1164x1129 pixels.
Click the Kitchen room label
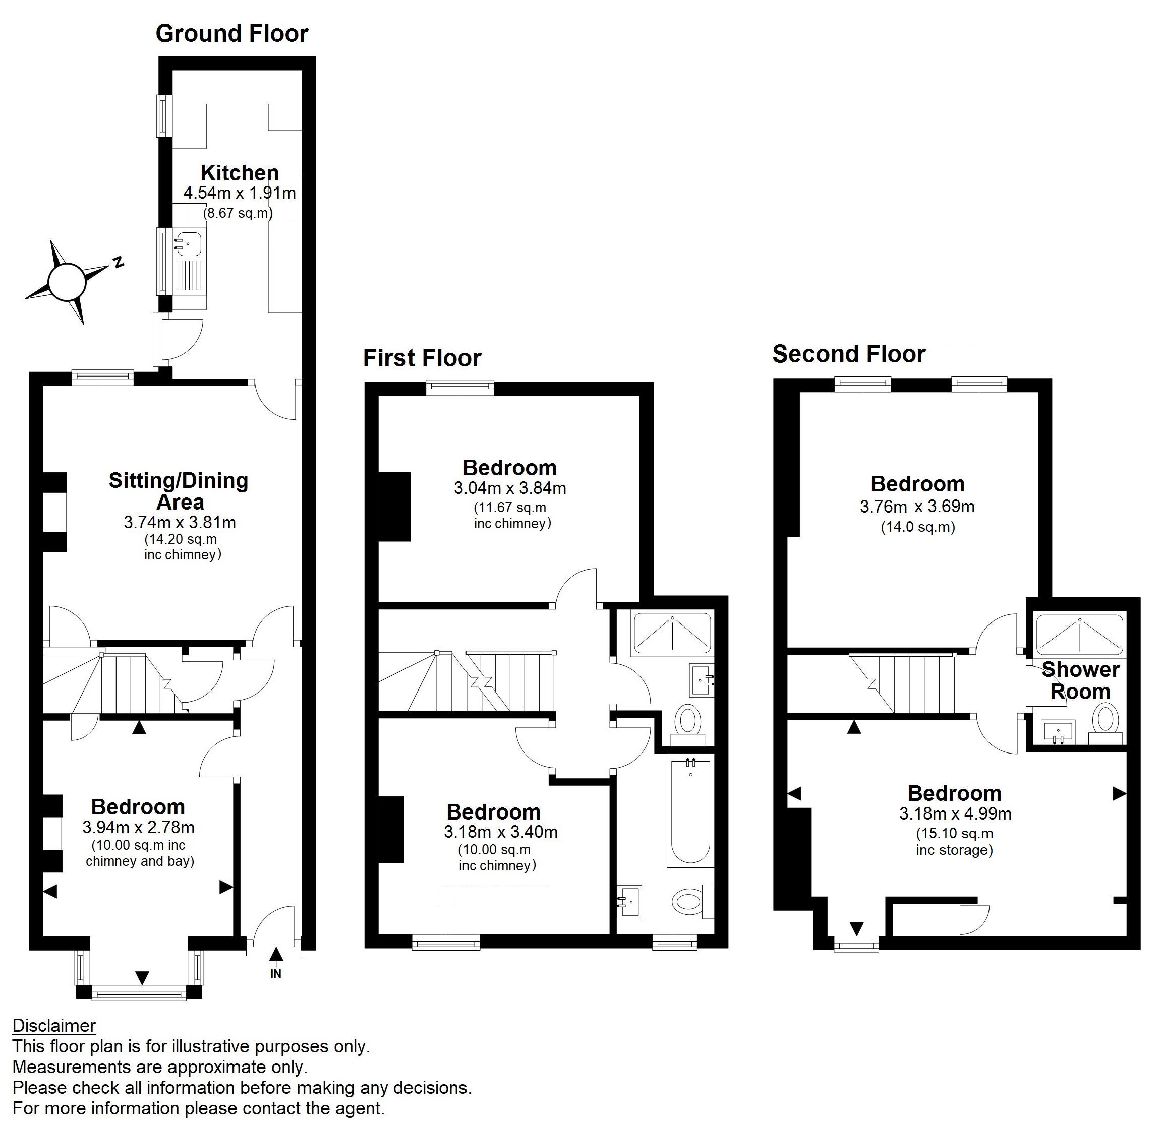[240, 173]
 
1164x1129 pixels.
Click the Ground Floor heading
[231, 34]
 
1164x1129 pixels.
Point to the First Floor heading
[422, 358]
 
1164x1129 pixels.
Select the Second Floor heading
[849, 354]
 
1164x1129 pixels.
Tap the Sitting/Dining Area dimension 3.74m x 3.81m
[180, 522]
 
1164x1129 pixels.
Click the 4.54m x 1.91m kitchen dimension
[240, 193]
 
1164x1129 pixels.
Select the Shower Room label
[1080, 680]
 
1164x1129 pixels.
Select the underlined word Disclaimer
[53, 1026]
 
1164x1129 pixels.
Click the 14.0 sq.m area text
[917, 527]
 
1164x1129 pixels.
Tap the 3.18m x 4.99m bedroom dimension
[955, 814]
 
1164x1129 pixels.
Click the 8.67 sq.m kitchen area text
[238, 213]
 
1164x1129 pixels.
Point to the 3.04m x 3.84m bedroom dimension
[509, 488]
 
